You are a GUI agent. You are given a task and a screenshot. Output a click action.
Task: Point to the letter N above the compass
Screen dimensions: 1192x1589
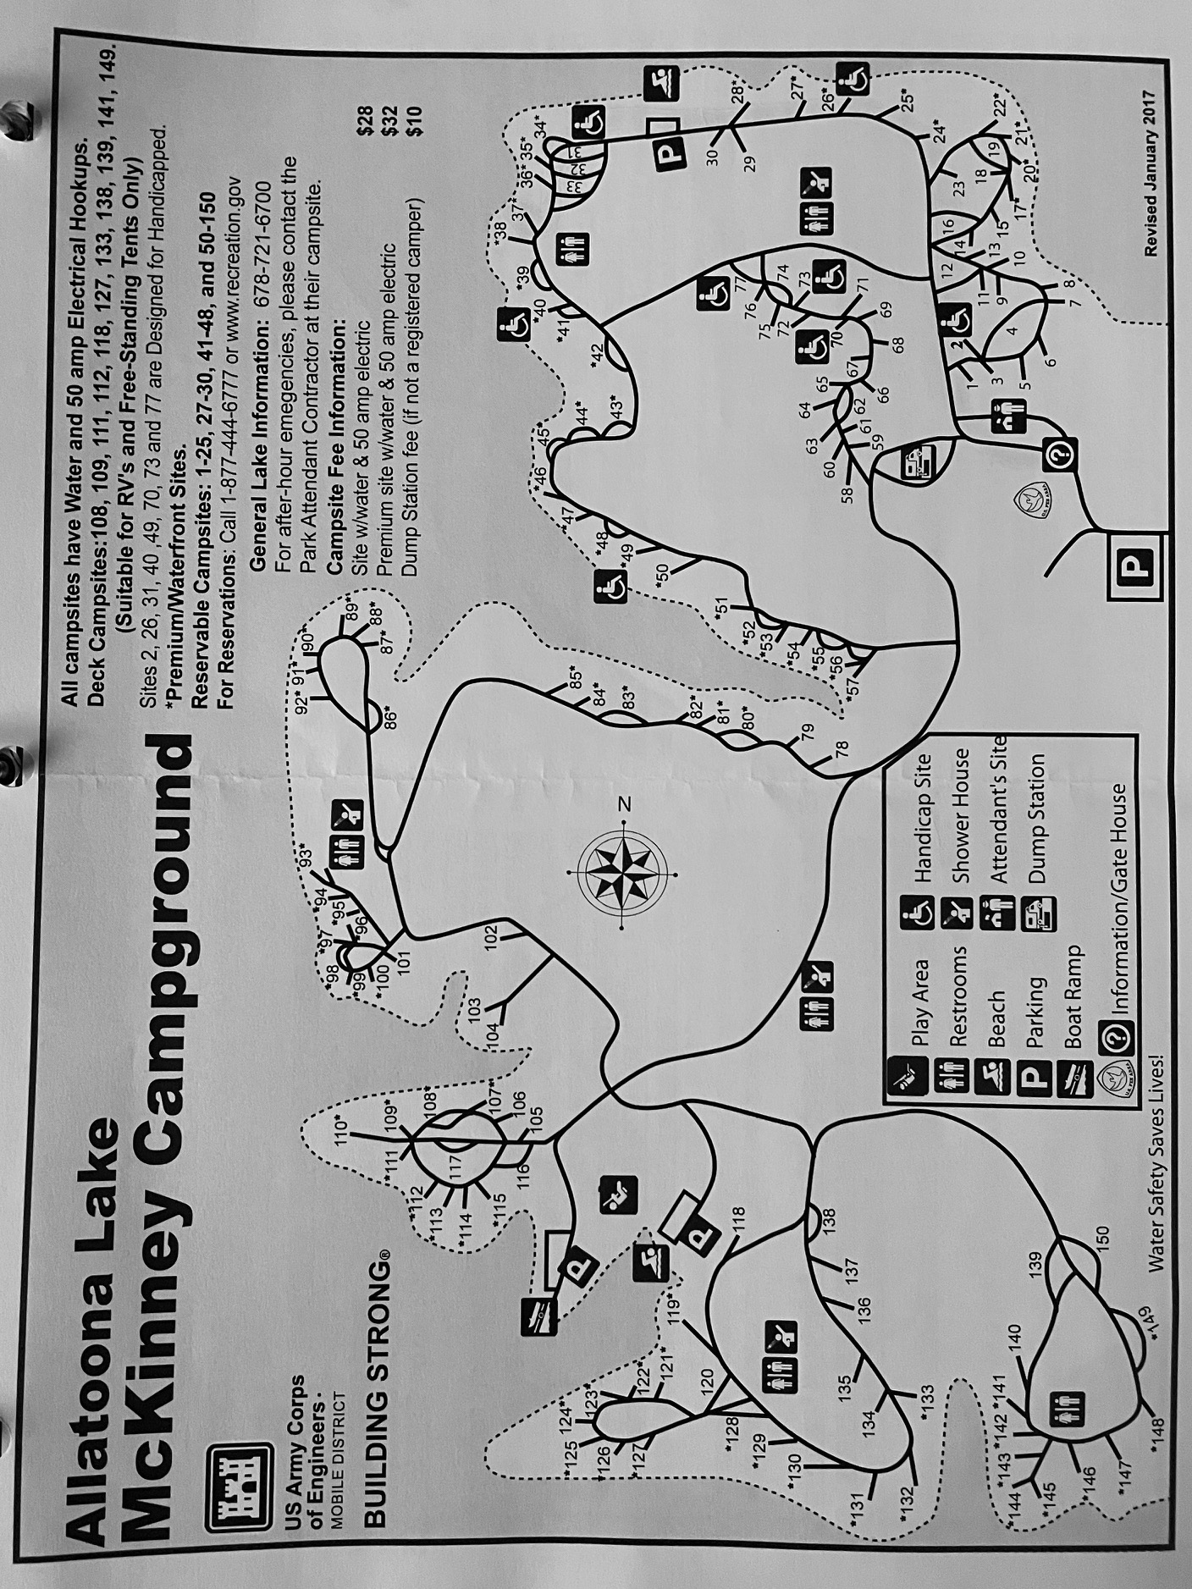click(626, 803)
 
